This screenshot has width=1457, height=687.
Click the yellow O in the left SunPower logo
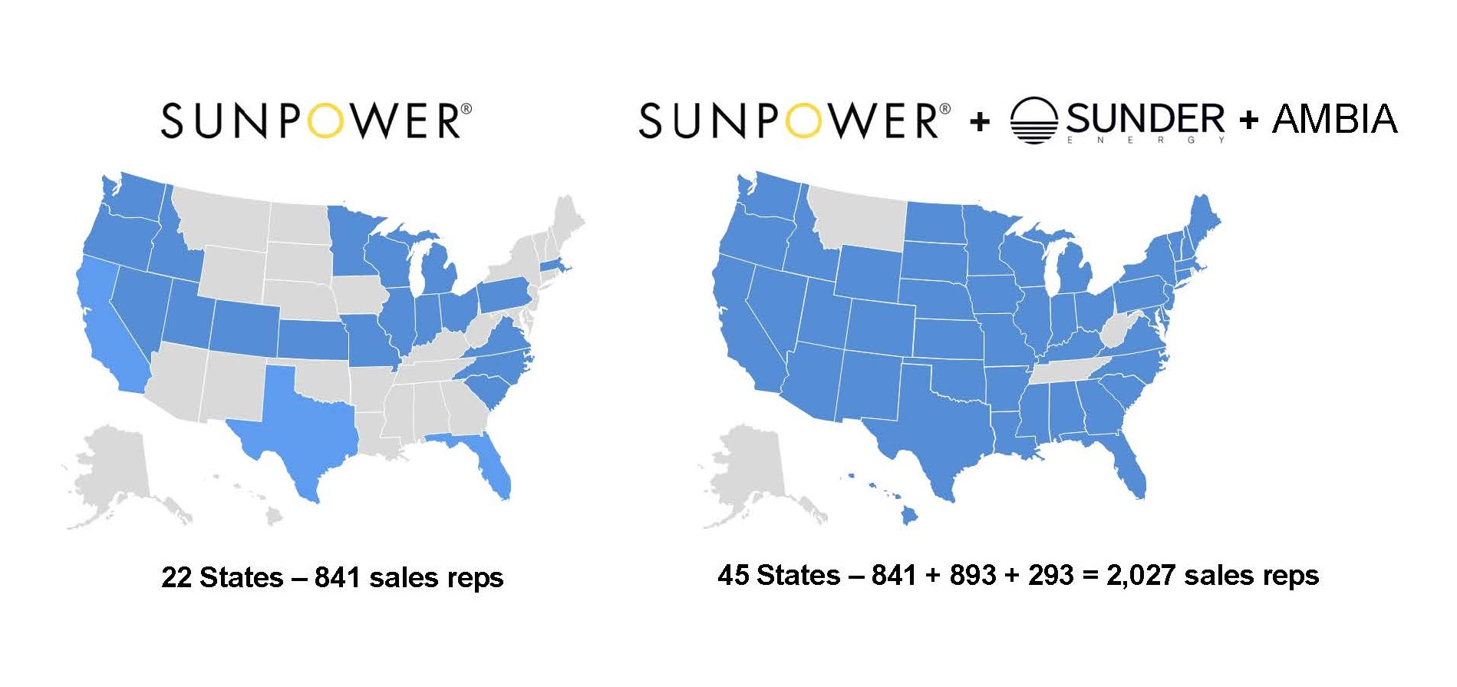[x=328, y=121]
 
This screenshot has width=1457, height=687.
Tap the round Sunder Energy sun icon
[x=1033, y=121]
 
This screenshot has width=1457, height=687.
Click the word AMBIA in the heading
[x=1335, y=119]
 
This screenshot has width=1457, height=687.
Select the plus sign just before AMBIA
[x=1248, y=120]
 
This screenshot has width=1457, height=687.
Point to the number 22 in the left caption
[x=176, y=577]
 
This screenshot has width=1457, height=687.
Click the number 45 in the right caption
[x=733, y=575]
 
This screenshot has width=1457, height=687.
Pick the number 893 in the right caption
[x=973, y=575]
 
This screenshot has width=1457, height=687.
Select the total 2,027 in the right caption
[x=1140, y=575]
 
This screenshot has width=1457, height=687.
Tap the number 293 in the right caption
[x=1050, y=575]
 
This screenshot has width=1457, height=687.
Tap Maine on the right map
[x=1203, y=219]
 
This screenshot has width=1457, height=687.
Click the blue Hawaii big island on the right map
[x=909, y=517]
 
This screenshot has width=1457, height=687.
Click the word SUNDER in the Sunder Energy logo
[x=1145, y=119]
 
